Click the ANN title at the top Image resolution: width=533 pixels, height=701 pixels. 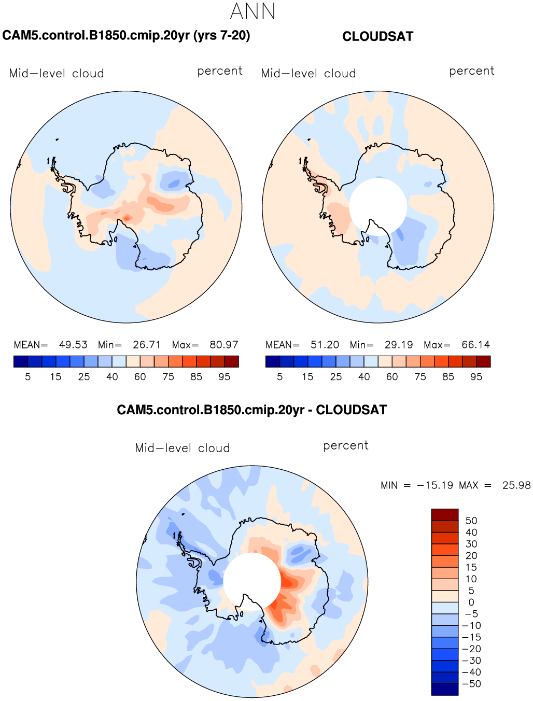253,11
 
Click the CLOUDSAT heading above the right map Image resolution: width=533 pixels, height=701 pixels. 378,36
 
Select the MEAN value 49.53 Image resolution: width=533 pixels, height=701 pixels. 73,345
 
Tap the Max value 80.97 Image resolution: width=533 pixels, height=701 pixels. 224,345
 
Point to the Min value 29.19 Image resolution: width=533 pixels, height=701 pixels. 399,345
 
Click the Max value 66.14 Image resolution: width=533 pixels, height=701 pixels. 475,345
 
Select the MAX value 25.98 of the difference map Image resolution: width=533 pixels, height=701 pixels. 516,485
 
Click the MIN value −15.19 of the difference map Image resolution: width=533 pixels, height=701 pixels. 435,485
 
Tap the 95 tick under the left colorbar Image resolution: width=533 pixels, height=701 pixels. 224,377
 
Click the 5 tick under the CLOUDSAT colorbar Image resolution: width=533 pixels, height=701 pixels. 280,377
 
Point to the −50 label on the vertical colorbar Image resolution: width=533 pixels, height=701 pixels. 471,684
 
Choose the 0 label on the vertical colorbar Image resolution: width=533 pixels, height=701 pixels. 471,602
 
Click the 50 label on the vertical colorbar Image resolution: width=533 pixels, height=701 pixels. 471,521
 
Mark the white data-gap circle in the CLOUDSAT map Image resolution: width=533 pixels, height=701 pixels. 378,207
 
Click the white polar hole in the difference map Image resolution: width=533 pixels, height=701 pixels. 252,582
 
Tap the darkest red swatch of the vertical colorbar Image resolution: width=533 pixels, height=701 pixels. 444,514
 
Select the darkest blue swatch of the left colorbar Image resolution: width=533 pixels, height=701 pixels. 21,361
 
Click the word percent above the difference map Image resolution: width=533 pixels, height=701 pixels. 345,445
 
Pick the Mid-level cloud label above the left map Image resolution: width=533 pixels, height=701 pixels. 56,74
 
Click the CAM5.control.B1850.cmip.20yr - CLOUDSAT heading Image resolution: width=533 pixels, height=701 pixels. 251,410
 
